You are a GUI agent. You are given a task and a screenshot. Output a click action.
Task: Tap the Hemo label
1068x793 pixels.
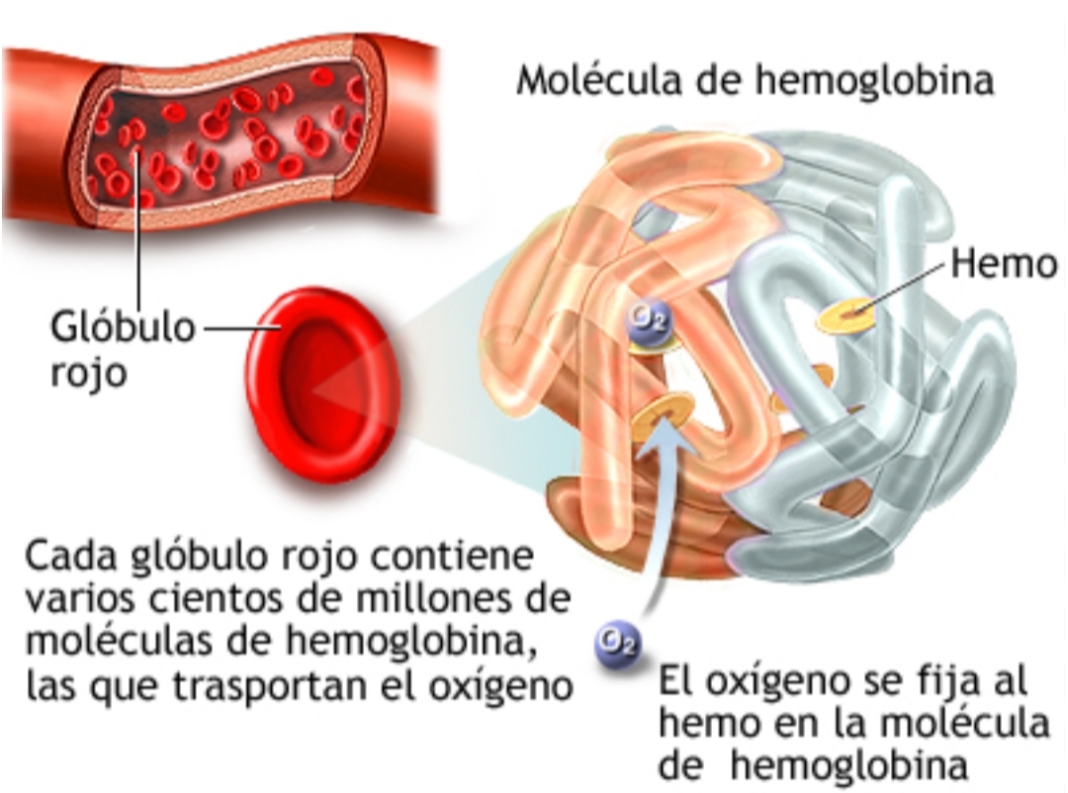1004,263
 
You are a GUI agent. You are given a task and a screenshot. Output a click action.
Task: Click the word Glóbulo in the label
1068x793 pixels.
124,328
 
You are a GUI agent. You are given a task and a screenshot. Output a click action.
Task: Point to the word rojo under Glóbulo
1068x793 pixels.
89,374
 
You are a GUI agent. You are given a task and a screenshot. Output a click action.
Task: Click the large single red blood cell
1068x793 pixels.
320,385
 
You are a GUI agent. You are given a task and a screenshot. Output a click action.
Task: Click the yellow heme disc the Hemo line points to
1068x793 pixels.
848,316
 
